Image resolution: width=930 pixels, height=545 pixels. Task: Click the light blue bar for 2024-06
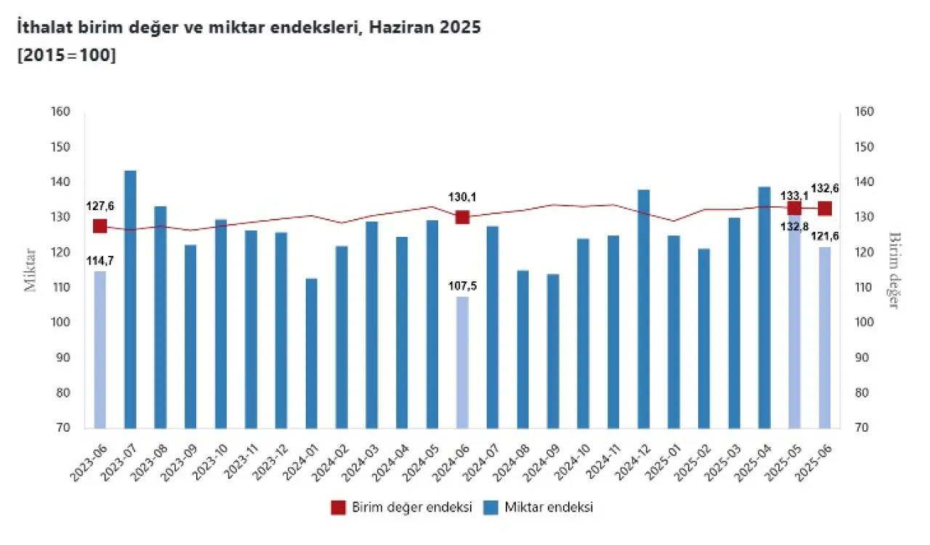[x=462, y=363]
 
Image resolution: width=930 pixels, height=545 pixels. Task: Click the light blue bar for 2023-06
[x=100, y=350]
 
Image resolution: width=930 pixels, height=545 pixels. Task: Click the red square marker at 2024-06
[x=462, y=217]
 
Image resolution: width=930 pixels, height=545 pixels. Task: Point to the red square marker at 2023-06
[x=100, y=226]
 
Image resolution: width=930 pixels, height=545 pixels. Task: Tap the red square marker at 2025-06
[x=825, y=209]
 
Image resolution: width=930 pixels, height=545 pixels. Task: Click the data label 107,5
[x=462, y=286]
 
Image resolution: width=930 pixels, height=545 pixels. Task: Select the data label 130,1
[x=462, y=197]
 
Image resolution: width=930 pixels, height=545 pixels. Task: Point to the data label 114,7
[x=100, y=260]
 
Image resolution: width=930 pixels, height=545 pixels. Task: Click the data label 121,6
[x=825, y=236]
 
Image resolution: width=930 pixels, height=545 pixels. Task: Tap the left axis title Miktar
[x=31, y=270]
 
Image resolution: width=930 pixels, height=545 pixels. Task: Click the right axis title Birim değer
[x=894, y=270]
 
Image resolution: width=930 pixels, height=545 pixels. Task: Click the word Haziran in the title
[x=397, y=28]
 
